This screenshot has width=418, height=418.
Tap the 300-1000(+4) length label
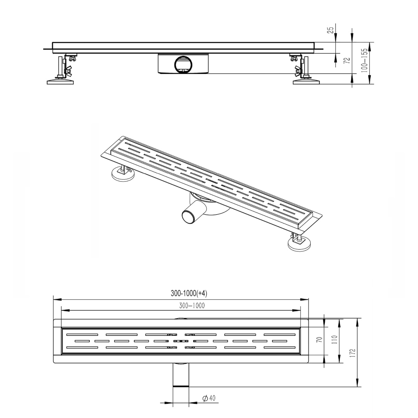tap(189, 294)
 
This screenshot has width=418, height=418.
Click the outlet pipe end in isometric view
tap(190, 218)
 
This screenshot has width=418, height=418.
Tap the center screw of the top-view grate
tap(181, 340)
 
